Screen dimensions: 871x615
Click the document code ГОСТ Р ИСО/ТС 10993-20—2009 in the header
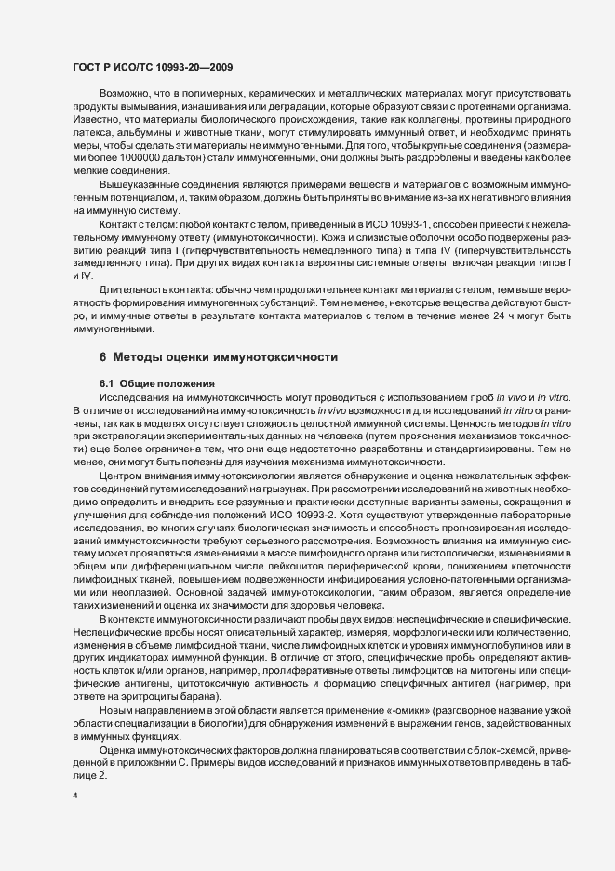153,68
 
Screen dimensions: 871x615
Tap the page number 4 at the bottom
74,797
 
